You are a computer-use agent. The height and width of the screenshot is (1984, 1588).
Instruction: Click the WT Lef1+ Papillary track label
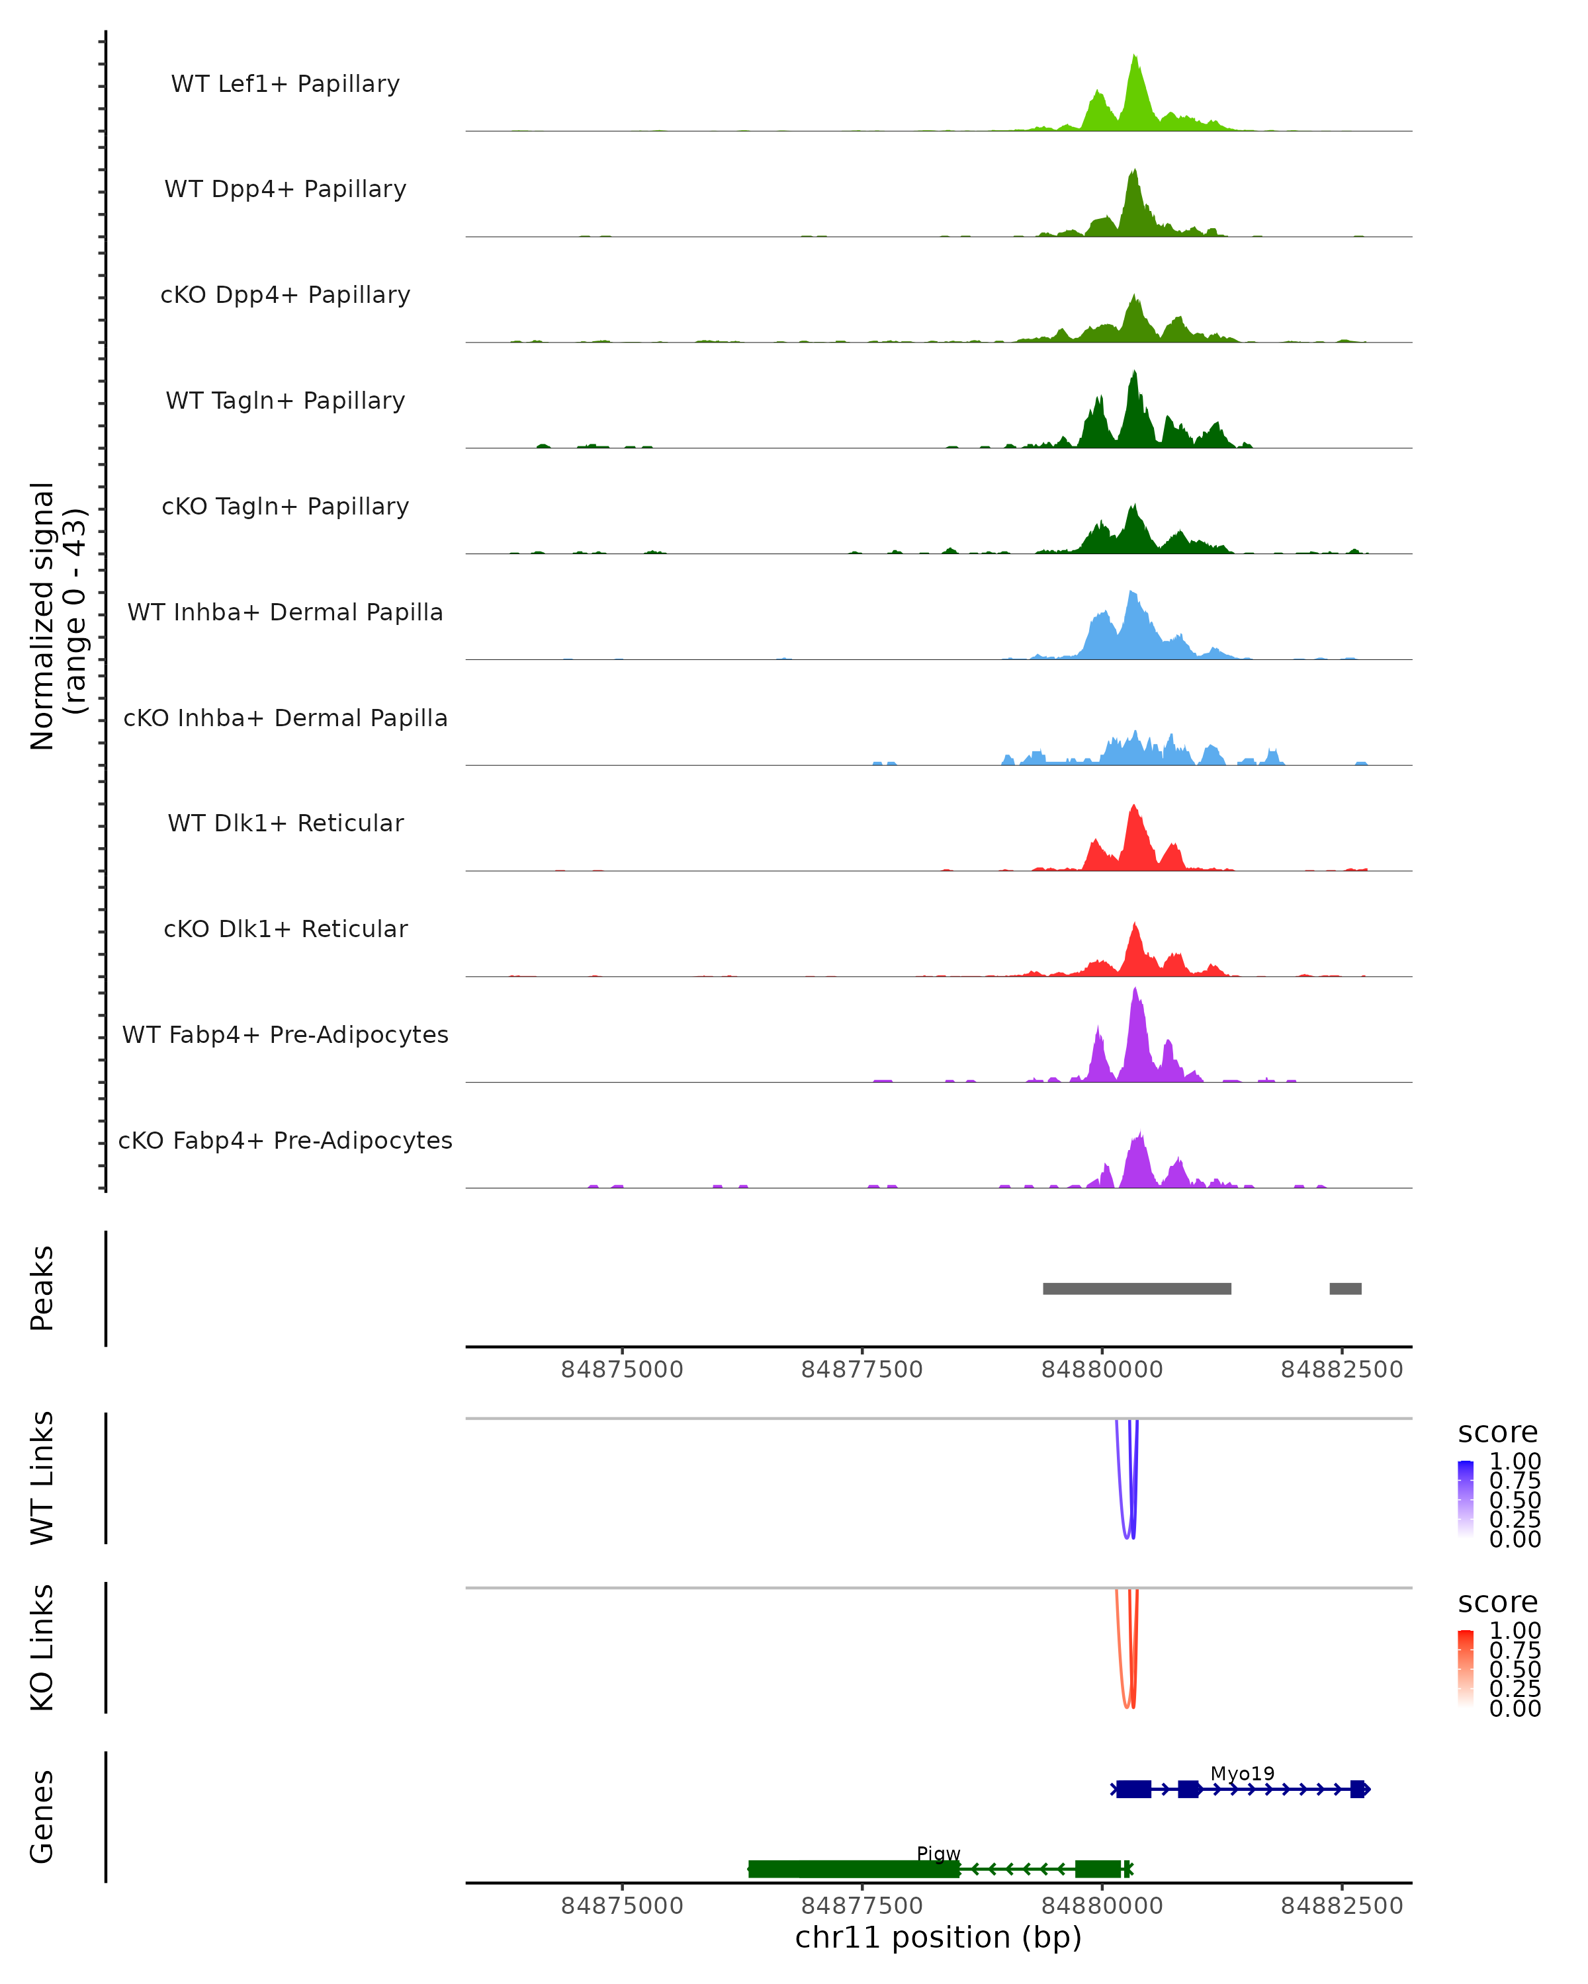tap(285, 84)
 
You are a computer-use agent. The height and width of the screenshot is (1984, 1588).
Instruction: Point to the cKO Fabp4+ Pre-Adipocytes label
tap(285, 1140)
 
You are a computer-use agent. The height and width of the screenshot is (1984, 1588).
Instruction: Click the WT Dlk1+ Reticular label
tap(285, 823)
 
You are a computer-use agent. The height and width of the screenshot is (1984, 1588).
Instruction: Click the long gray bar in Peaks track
tap(1137, 1288)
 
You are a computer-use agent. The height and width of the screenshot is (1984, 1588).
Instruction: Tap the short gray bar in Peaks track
tap(1345, 1288)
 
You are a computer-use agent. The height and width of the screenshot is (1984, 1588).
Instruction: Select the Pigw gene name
tap(938, 1853)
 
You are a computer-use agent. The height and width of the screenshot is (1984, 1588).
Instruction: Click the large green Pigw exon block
tap(854, 1869)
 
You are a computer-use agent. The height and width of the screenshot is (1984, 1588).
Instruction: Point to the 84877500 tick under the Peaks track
tap(863, 1370)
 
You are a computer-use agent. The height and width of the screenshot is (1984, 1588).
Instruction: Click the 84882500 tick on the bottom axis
tap(1341, 1906)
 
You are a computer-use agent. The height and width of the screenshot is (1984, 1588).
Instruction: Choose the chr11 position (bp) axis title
tap(938, 1938)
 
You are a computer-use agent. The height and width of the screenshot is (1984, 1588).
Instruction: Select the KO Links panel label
tap(42, 1647)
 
